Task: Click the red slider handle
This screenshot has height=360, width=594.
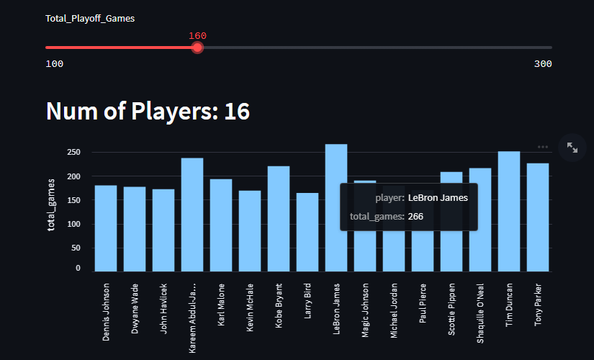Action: coord(197,48)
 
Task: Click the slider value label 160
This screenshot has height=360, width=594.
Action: coord(197,35)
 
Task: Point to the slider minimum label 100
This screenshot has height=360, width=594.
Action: coord(54,64)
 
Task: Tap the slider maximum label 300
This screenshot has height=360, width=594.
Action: coord(543,64)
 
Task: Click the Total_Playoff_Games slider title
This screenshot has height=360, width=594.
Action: coord(90,18)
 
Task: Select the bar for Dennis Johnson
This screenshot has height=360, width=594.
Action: coord(106,228)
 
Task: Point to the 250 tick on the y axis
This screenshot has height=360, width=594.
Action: coord(73,153)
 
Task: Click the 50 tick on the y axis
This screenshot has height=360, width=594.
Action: coord(76,248)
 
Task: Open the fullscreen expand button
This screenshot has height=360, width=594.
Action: coord(572,147)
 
